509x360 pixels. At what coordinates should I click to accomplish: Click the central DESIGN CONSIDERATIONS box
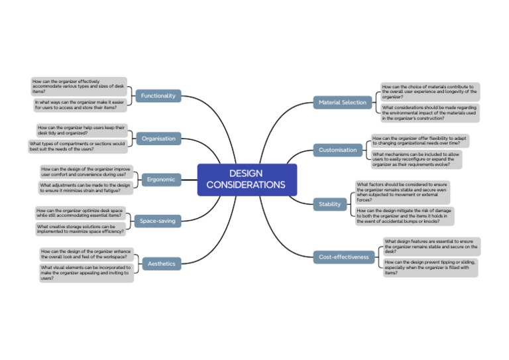247,179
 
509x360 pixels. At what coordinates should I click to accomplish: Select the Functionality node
158,95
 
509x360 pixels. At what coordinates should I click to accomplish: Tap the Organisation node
158,139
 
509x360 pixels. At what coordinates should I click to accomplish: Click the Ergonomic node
161,179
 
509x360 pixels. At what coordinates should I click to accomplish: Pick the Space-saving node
157,221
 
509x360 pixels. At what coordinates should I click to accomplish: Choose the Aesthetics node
161,263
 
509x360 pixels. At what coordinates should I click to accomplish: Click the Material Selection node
342,102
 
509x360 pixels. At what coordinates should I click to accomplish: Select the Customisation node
337,150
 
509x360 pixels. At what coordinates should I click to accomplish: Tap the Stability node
329,204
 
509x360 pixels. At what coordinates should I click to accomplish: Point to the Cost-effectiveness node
343,257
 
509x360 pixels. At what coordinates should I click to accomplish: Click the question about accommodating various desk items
78,86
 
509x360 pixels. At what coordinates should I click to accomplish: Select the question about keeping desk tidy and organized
81,130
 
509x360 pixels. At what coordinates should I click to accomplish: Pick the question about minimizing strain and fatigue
84,188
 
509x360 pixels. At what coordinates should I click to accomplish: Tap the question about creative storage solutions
80,229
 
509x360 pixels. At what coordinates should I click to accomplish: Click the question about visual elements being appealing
85,272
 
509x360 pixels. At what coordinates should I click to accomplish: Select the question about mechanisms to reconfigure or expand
416,159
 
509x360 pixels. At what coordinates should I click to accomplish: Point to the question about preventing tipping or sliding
429,267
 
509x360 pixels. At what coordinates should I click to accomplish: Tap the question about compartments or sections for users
77,146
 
